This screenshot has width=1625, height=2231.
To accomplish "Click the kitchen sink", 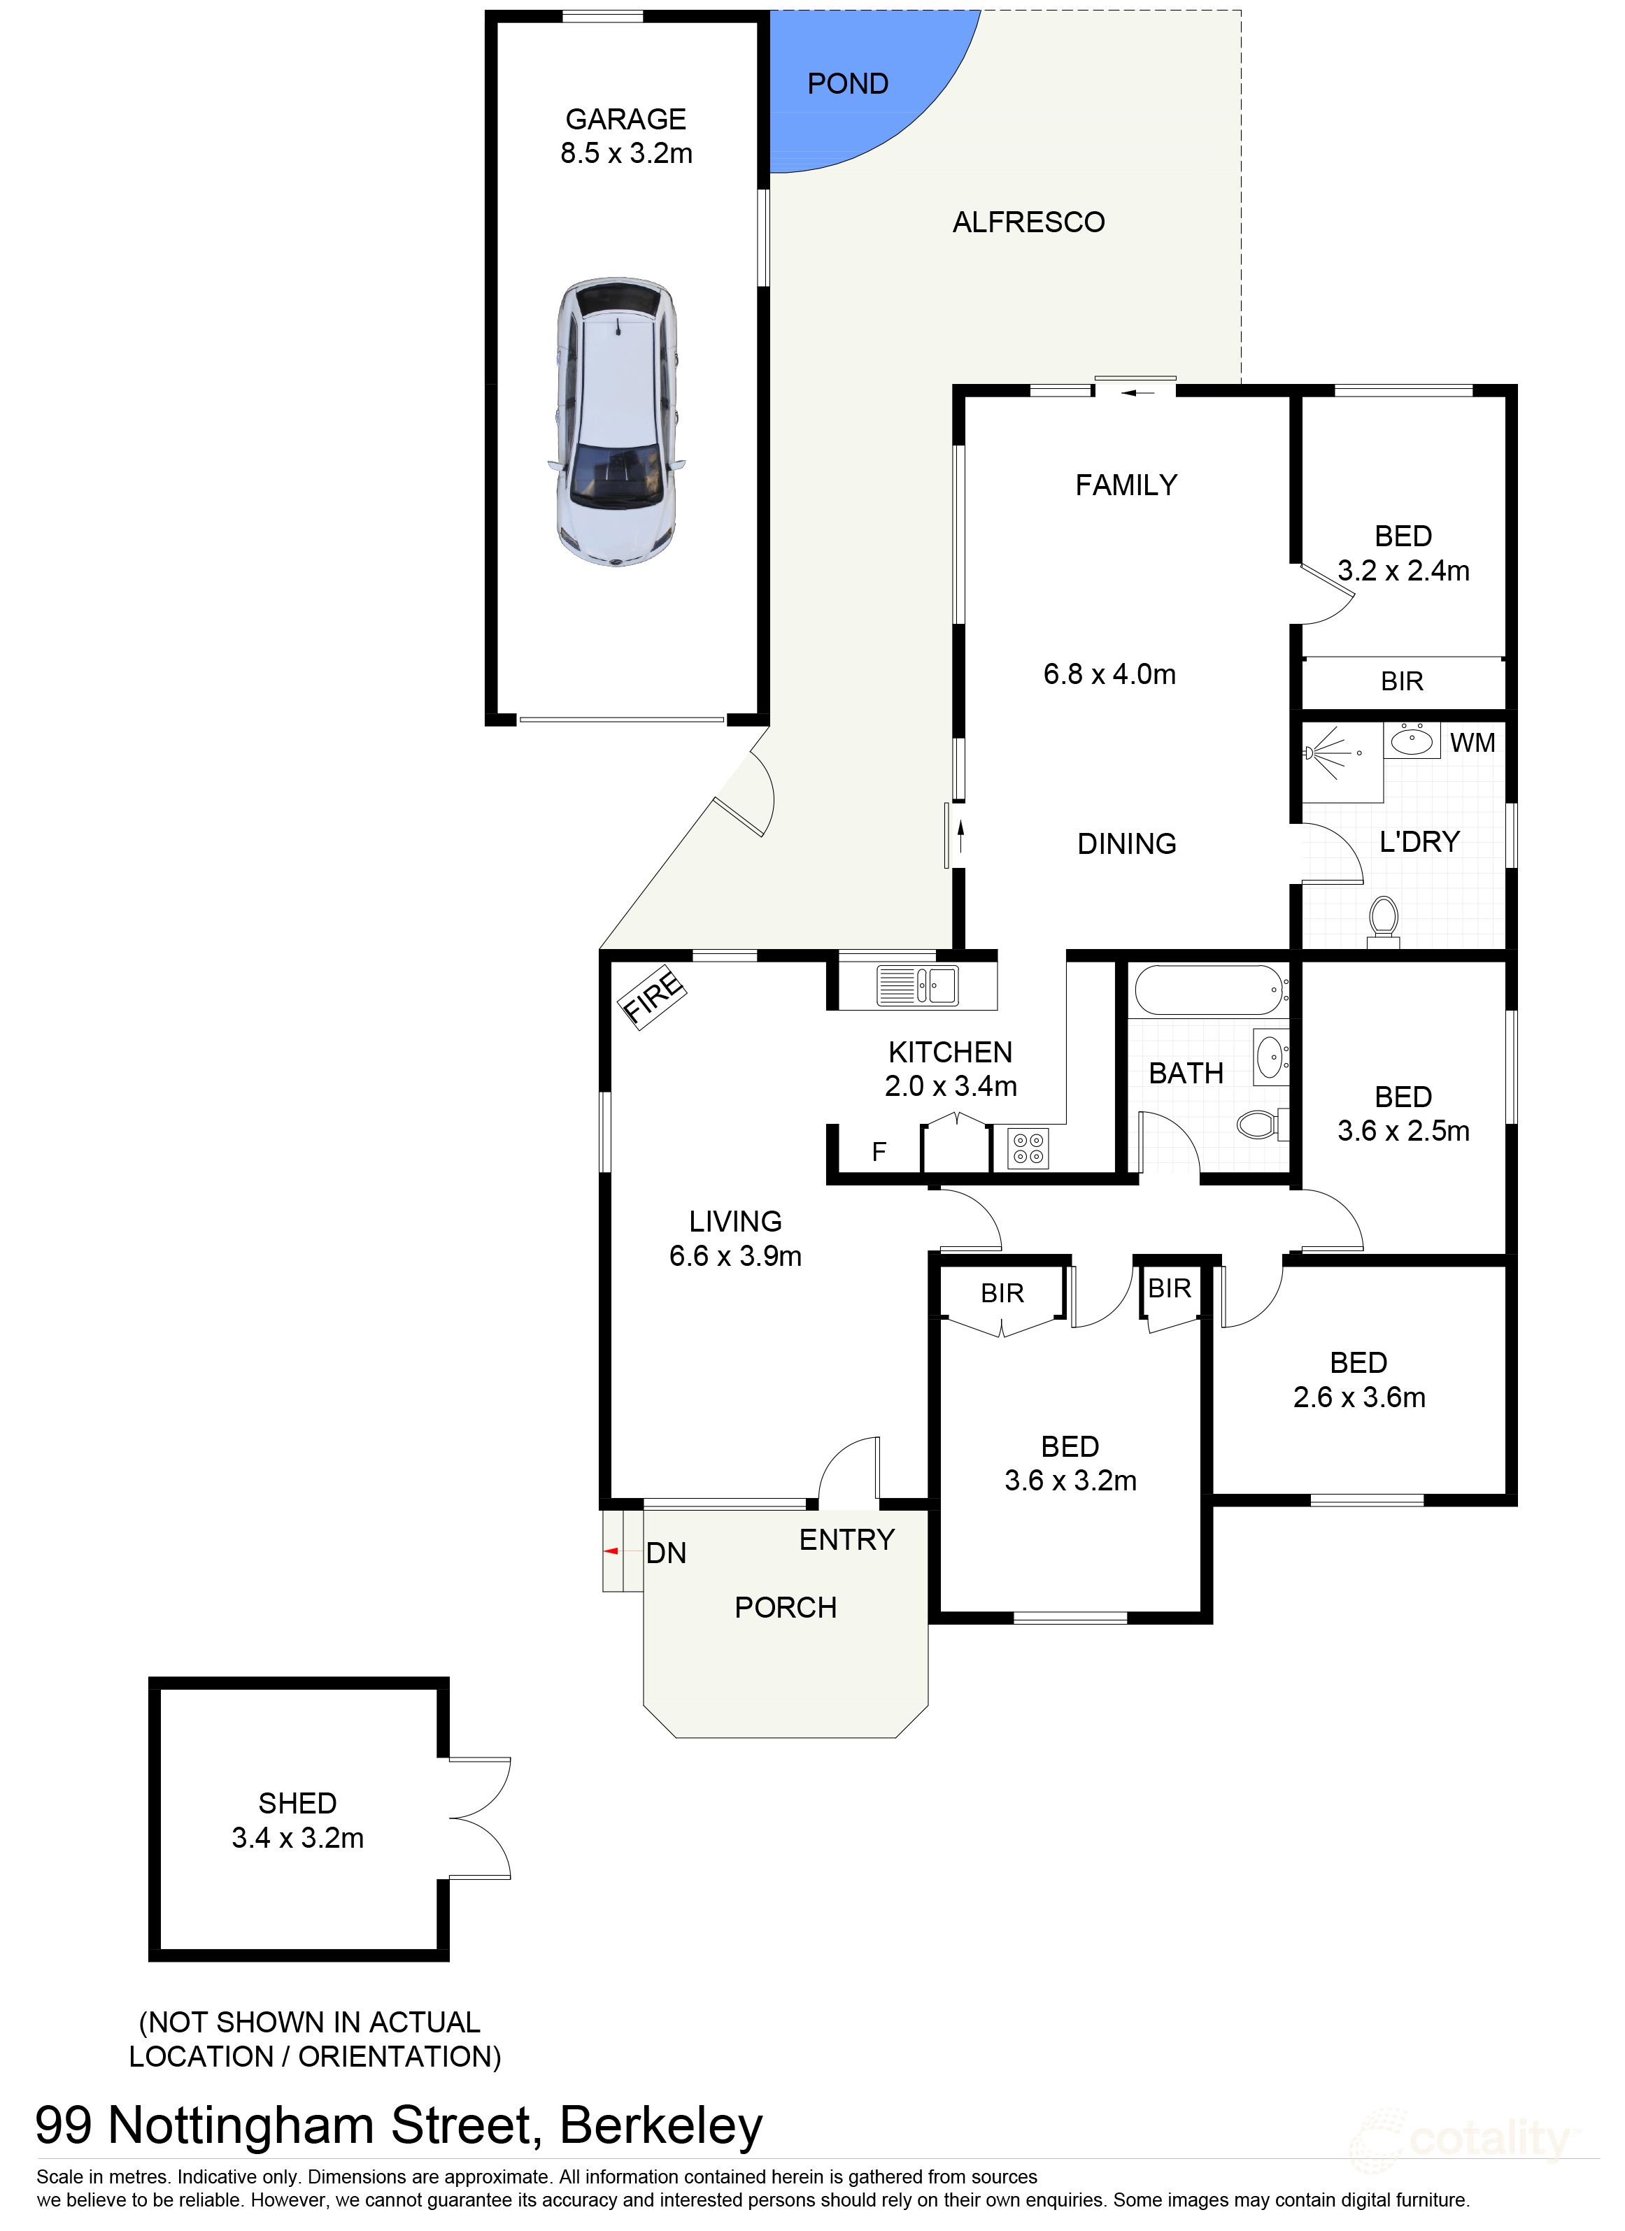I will (x=917, y=985).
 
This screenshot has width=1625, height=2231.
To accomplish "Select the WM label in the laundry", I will (x=1472, y=743).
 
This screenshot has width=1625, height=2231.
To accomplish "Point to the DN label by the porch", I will (x=666, y=1553).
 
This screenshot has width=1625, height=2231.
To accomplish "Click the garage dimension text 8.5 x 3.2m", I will (x=627, y=153).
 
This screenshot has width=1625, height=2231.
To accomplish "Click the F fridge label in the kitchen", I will (x=879, y=1151).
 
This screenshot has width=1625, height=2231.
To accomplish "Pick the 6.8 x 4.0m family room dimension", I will (x=1109, y=675).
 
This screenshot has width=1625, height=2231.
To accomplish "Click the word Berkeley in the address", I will (x=661, y=2126).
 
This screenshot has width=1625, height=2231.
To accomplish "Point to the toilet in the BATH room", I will (x=1260, y=1123).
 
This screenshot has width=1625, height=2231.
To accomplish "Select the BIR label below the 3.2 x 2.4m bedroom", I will (x=1402, y=682).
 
